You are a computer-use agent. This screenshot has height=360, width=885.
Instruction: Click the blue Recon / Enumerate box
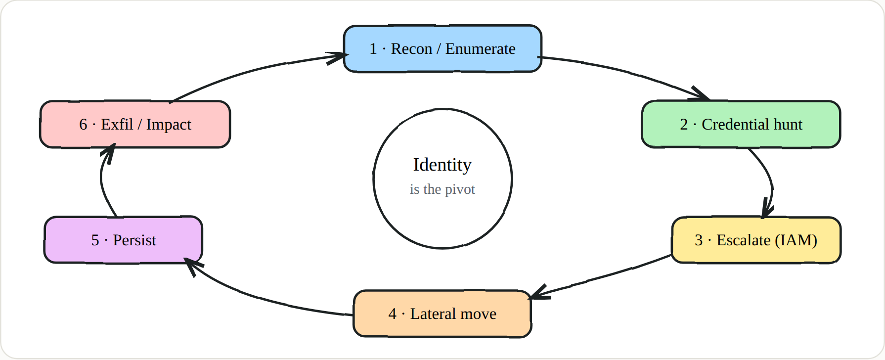tap(442, 48)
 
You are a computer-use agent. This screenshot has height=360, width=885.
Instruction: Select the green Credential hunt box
tap(741, 124)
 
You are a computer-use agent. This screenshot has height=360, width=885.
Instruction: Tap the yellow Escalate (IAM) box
tap(756, 240)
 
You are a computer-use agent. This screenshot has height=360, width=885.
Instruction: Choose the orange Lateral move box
tap(442, 314)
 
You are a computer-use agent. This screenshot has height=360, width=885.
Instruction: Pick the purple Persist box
tap(123, 240)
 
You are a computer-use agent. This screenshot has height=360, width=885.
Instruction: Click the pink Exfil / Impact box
tap(135, 124)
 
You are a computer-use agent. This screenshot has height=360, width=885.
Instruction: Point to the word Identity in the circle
tap(442, 165)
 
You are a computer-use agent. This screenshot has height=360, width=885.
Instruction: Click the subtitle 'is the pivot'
tap(442, 189)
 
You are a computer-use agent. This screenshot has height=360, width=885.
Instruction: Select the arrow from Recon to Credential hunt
tap(630, 72)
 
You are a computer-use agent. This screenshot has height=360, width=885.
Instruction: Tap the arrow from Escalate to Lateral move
tap(601, 277)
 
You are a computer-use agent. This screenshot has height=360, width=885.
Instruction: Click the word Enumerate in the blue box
tap(481, 48)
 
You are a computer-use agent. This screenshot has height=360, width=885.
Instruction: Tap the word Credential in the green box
tap(736, 124)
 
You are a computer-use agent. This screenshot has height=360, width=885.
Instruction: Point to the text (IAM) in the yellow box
tap(796, 240)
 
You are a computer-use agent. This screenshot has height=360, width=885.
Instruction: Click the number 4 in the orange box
tap(393, 314)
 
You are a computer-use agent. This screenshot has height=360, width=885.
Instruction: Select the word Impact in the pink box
tap(169, 125)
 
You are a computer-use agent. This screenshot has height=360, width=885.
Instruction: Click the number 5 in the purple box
tap(95, 240)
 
